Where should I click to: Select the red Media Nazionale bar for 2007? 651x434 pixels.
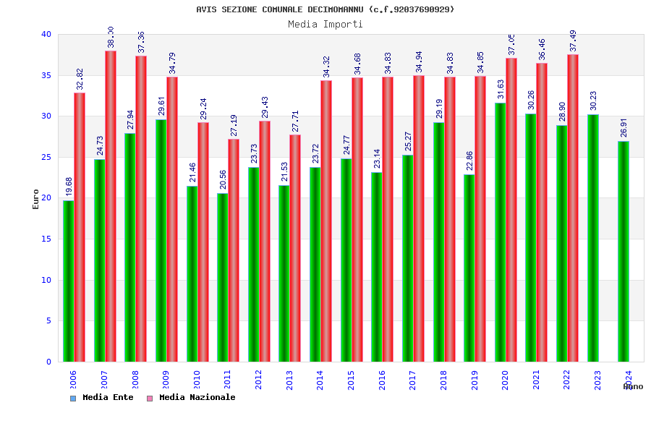[x=111, y=206]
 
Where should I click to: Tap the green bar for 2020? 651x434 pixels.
[x=500, y=232]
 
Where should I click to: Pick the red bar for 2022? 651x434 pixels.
[x=573, y=208]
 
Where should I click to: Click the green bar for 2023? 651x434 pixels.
[x=592, y=238]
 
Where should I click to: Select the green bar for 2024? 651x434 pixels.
[x=624, y=251]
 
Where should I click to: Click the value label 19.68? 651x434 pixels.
[x=69, y=186]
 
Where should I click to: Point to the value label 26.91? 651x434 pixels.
[x=624, y=127]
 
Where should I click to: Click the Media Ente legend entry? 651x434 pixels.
[x=102, y=398]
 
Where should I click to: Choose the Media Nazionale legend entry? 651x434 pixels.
[x=192, y=398]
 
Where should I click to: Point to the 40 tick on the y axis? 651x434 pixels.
[x=46, y=35]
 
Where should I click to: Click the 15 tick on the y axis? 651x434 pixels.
[x=46, y=239]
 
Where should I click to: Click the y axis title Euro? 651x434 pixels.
[x=36, y=199]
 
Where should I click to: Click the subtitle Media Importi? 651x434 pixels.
[x=325, y=24]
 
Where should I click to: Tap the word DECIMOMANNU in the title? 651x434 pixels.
[x=336, y=9]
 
